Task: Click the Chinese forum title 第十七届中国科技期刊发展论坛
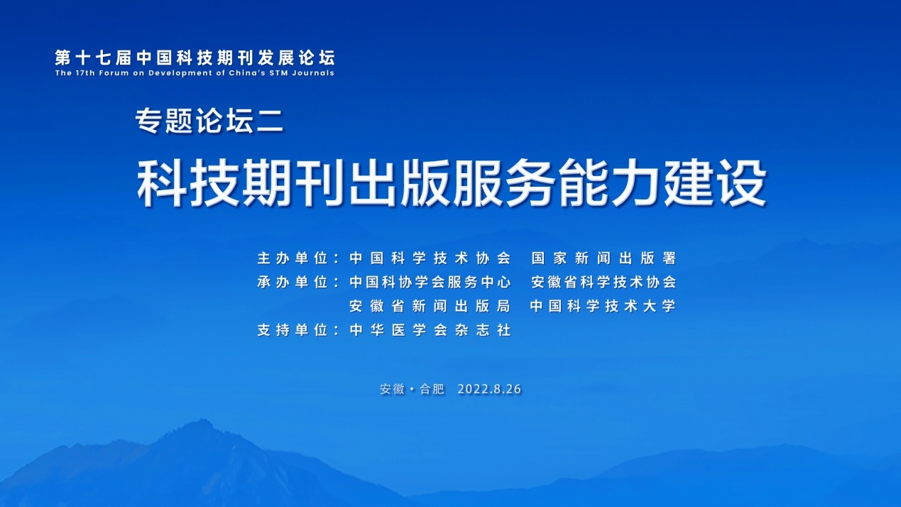195,58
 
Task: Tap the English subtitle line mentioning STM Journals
195,73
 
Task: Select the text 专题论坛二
209,121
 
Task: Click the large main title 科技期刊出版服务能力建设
452,182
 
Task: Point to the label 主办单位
293,258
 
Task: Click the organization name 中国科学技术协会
430,258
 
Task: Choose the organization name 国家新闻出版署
604,258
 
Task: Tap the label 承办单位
293,282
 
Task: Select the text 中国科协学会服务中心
430,282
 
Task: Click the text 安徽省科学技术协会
604,282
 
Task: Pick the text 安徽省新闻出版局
430,306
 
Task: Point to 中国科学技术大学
603,306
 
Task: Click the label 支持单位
293,330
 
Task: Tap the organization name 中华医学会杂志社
430,330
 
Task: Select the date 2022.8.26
489,389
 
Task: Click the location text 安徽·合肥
412,389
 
